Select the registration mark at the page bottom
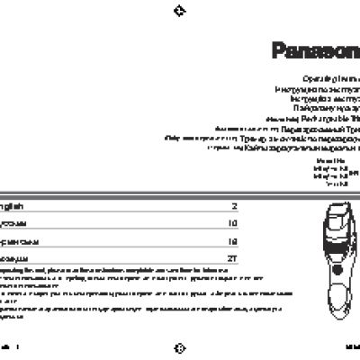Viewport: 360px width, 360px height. [179, 347]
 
